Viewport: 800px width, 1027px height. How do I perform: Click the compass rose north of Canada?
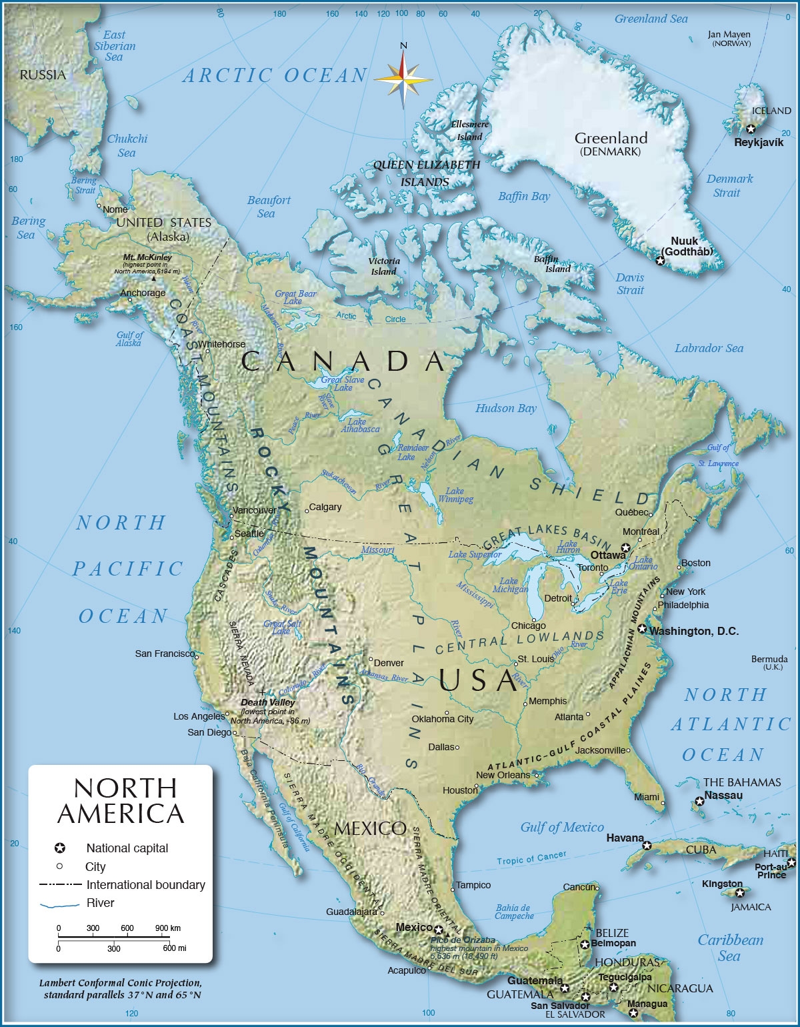click(403, 79)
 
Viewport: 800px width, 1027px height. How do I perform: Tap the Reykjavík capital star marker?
click(751, 129)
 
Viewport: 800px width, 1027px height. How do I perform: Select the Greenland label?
click(611, 138)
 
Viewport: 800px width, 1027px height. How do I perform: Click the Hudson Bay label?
click(505, 408)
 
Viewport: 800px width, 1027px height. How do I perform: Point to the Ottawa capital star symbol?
click(625, 548)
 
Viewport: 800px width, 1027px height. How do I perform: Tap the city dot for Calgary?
click(307, 511)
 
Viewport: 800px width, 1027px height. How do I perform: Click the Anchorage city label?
click(143, 293)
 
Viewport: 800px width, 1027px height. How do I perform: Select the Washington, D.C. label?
click(694, 631)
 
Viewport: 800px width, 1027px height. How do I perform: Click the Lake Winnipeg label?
click(455, 495)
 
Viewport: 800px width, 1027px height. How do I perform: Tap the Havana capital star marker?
click(646, 846)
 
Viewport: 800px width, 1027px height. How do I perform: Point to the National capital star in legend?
click(59, 848)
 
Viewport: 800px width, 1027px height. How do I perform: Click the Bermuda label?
click(769, 659)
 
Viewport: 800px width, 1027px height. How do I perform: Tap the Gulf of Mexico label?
click(561, 828)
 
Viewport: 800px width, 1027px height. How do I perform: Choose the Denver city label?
click(389, 663)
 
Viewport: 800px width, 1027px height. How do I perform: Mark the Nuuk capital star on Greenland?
click(660, 261)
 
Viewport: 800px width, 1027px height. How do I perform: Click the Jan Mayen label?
click(729, 35)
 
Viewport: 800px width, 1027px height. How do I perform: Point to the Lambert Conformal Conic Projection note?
click(120, 983)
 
